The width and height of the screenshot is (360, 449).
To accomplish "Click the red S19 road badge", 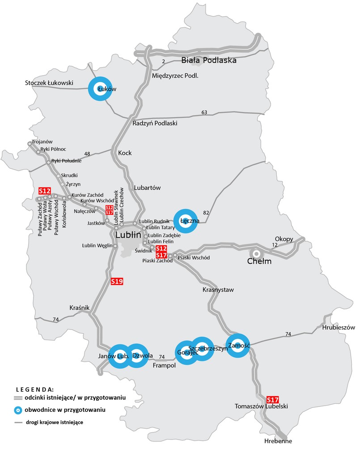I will pyautogui.click(x=117, y=282).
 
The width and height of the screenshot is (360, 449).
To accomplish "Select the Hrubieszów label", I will pyautogui.click(x=338, y=327).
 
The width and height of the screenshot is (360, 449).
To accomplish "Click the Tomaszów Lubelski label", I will pyautogui.click(x=262, y=406).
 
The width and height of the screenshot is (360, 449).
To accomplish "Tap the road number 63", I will pyautogui.click(x=204, y=112).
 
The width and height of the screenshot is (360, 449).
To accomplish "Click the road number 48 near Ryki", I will pyautogui.click(x=87, y=154).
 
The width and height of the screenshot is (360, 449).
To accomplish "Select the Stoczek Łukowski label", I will pyautogui.click(x=49, y=83).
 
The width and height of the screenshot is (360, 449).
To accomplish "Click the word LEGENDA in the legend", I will pyautogui.click(x=35, y=389).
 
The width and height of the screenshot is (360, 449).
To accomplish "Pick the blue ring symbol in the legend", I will pyautogui.click(x=18, y=410).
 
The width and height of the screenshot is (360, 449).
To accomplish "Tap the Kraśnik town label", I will pyautogui.click(x=80, y=308).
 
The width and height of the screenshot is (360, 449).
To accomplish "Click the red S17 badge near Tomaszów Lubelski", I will pyautogui.click(x=272, y=399).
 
